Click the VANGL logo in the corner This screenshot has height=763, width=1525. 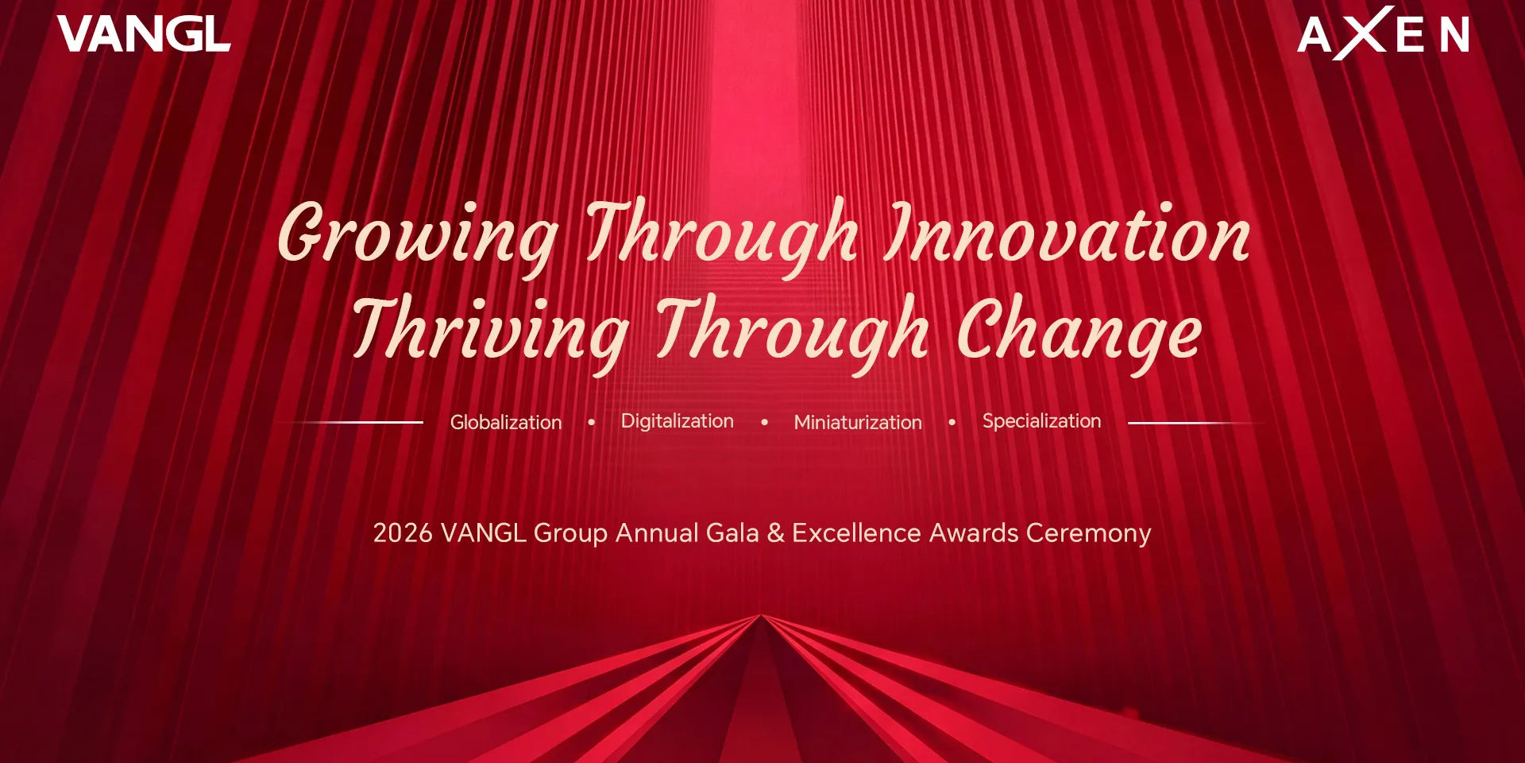(x=144, y=35)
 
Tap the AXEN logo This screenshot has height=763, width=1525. (x=1383, y=34)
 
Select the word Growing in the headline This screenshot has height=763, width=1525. (x=419, y=234)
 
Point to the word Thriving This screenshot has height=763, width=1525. (x=491, y=331)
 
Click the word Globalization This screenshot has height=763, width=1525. (x=506, y=422)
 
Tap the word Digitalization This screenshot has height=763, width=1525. (x=677, y=421)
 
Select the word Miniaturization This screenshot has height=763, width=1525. (x=858, y=422)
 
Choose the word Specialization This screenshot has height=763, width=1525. (x=1041, y=421)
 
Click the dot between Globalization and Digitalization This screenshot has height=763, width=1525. (x=592, y=422)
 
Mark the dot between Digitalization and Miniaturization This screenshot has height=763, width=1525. (x=765, y=422)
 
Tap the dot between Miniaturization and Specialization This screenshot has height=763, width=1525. (x=952, y=422)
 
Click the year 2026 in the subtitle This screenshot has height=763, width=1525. (x=403, y=533)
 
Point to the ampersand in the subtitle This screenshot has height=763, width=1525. (x=775, y=533)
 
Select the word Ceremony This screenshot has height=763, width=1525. (x=1088, y=533)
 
